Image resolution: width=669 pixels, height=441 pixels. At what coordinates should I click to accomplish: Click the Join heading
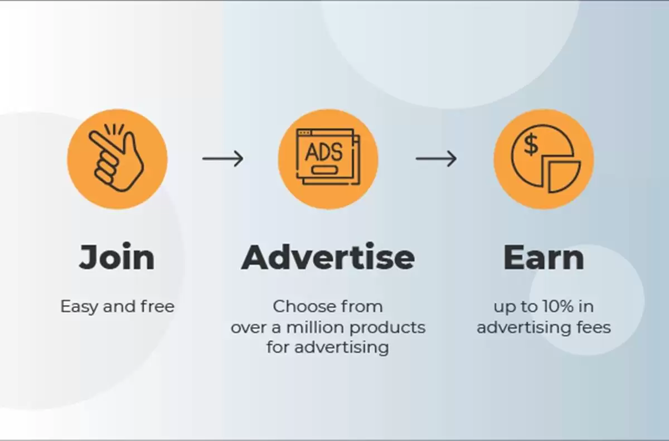pos(117,258)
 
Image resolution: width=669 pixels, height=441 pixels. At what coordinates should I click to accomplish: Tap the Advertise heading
pos(328,258)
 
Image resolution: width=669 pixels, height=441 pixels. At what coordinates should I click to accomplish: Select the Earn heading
pos(544,258)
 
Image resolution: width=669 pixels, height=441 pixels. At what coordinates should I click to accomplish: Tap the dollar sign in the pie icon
pos(531,145)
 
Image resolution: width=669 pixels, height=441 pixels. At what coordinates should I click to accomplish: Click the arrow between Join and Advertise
pos(223,159)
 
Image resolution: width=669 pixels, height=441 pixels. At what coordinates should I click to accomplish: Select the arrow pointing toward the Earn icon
pos(436,159)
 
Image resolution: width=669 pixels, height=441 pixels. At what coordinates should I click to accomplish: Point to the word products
pos(395,327)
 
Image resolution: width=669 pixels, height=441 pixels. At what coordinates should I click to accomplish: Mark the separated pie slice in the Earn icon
pos(563,175)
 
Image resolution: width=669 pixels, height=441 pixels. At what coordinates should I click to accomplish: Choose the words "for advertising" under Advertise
pos(327,347)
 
